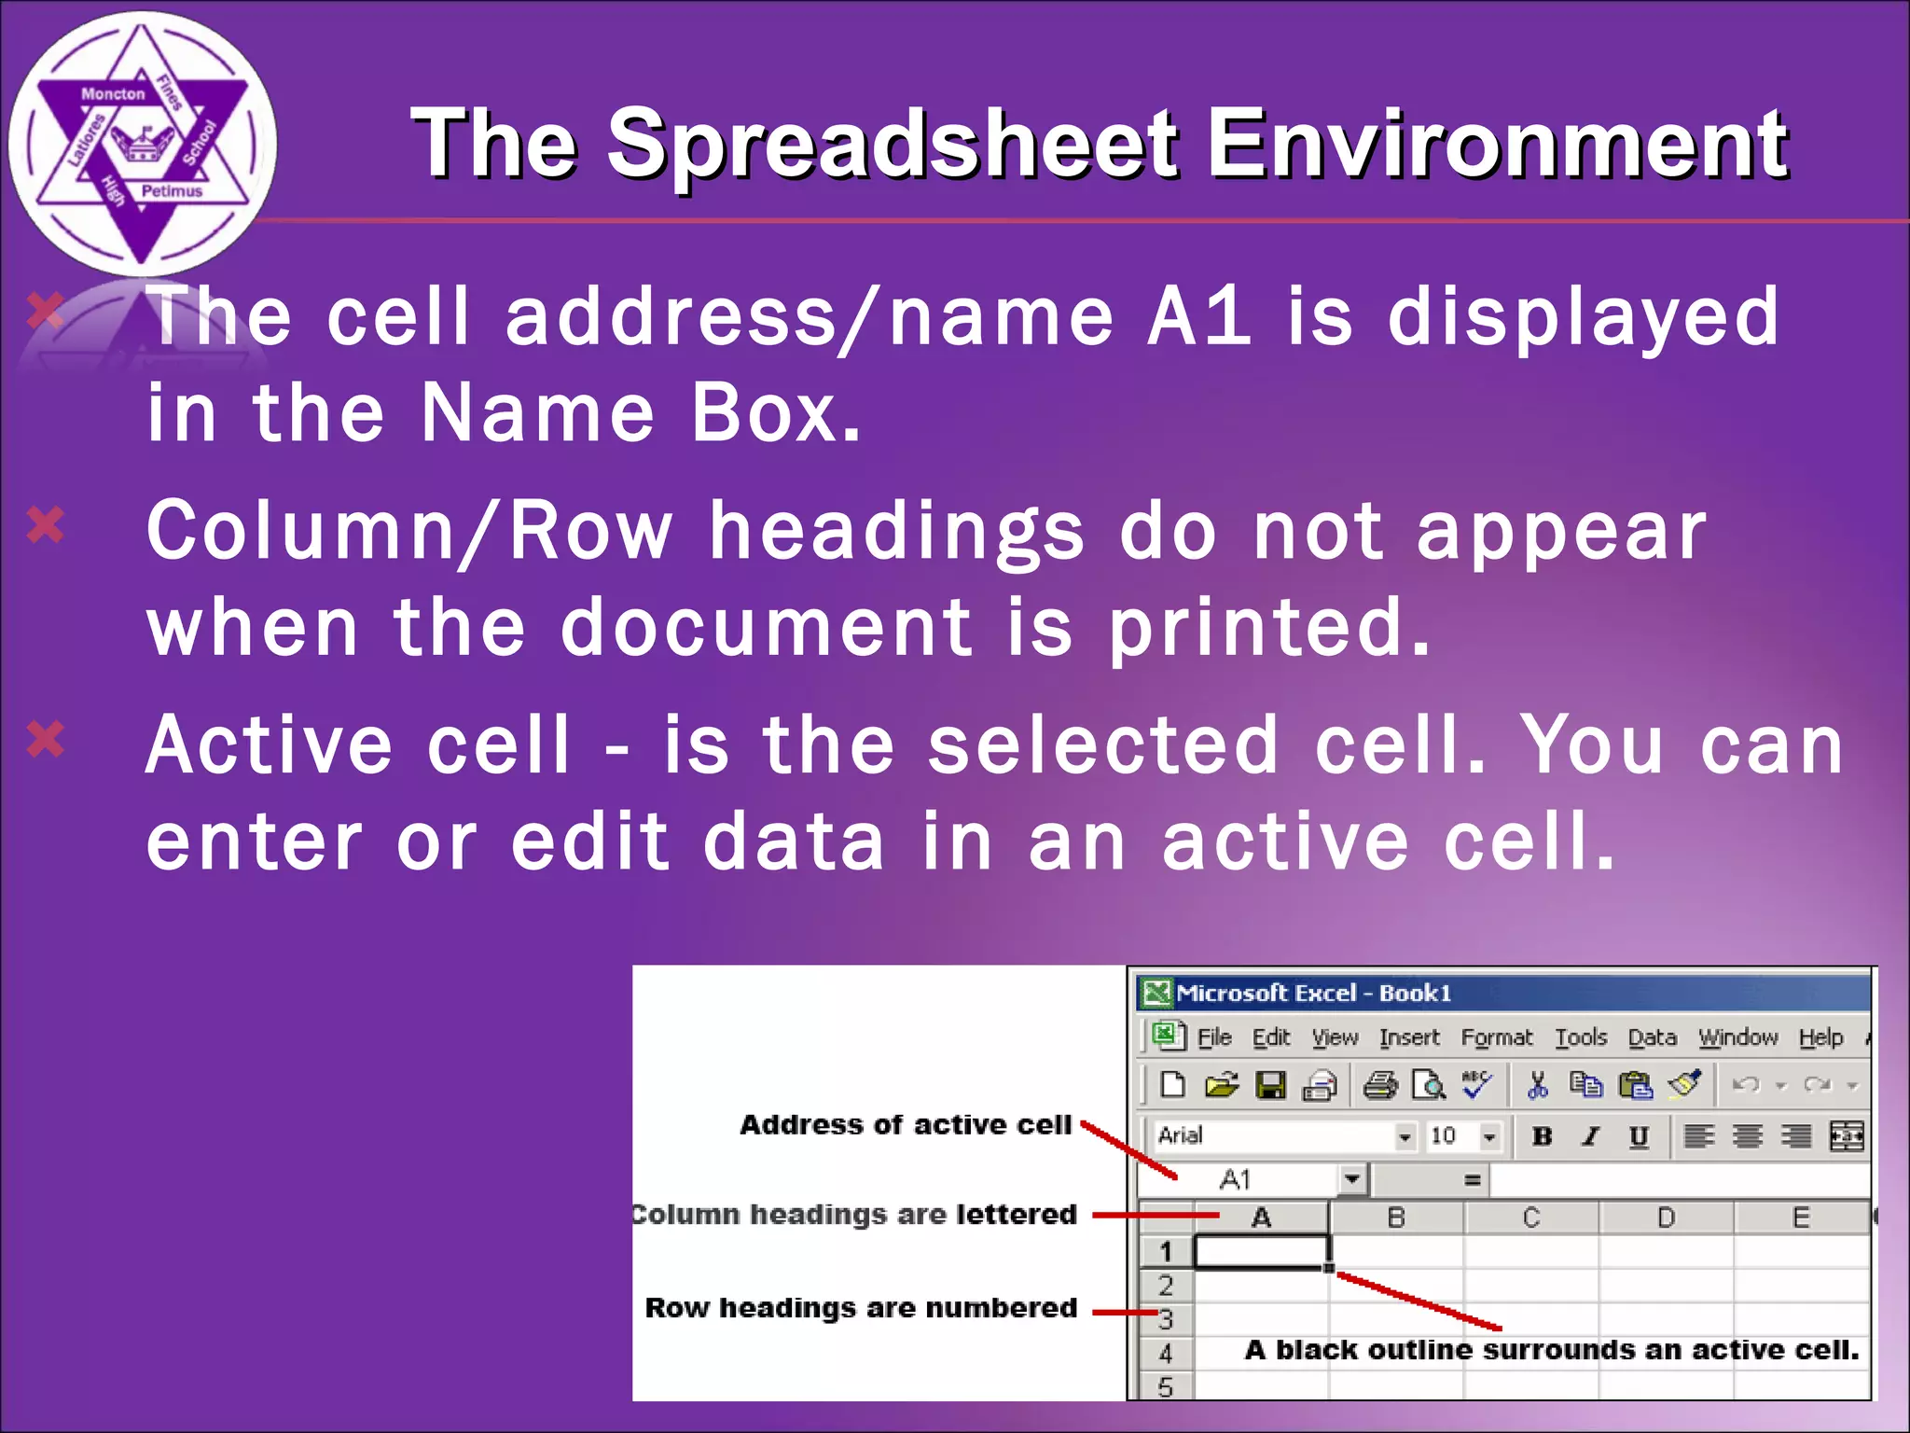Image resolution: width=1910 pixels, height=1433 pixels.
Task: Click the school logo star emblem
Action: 142,145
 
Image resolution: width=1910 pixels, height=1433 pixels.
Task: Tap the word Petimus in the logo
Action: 172,191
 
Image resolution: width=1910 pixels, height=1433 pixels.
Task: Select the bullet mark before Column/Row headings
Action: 45,525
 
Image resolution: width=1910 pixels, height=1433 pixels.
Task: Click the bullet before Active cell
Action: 45,740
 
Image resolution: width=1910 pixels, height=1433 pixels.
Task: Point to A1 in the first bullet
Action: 1199,317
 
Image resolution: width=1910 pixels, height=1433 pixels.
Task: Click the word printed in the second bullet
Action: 1268,628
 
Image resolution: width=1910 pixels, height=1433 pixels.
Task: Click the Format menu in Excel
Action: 1496,1037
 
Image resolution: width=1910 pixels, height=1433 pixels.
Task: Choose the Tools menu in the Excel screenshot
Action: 1581,1037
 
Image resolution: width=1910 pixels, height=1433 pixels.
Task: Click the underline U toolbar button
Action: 1639,1135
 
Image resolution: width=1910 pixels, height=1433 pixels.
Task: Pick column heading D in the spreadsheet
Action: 1666,1217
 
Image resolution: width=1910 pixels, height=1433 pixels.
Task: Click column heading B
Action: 1396,1217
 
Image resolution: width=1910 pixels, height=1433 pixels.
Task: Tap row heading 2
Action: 1166,1286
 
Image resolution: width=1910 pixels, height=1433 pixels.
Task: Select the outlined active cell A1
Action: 1262,1252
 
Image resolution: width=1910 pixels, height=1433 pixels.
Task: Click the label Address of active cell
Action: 905,1125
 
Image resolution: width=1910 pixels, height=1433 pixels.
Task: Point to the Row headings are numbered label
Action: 860,1308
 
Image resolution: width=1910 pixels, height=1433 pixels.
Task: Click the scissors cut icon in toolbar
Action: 1537,1084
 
